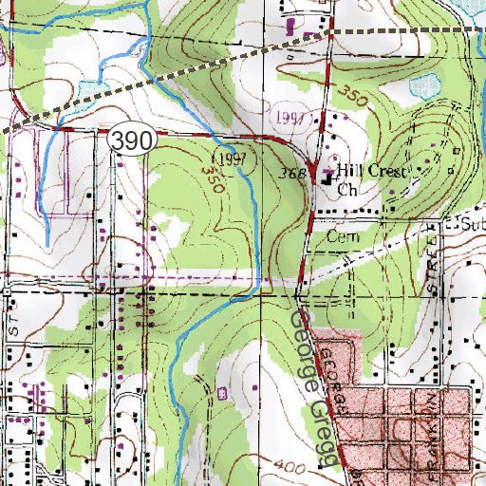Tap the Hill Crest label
coord(373,172)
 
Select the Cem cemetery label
coord(339,234)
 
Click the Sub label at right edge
coord(471,225)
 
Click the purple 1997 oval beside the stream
coord(232,156)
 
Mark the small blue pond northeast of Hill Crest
coord(419,88)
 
